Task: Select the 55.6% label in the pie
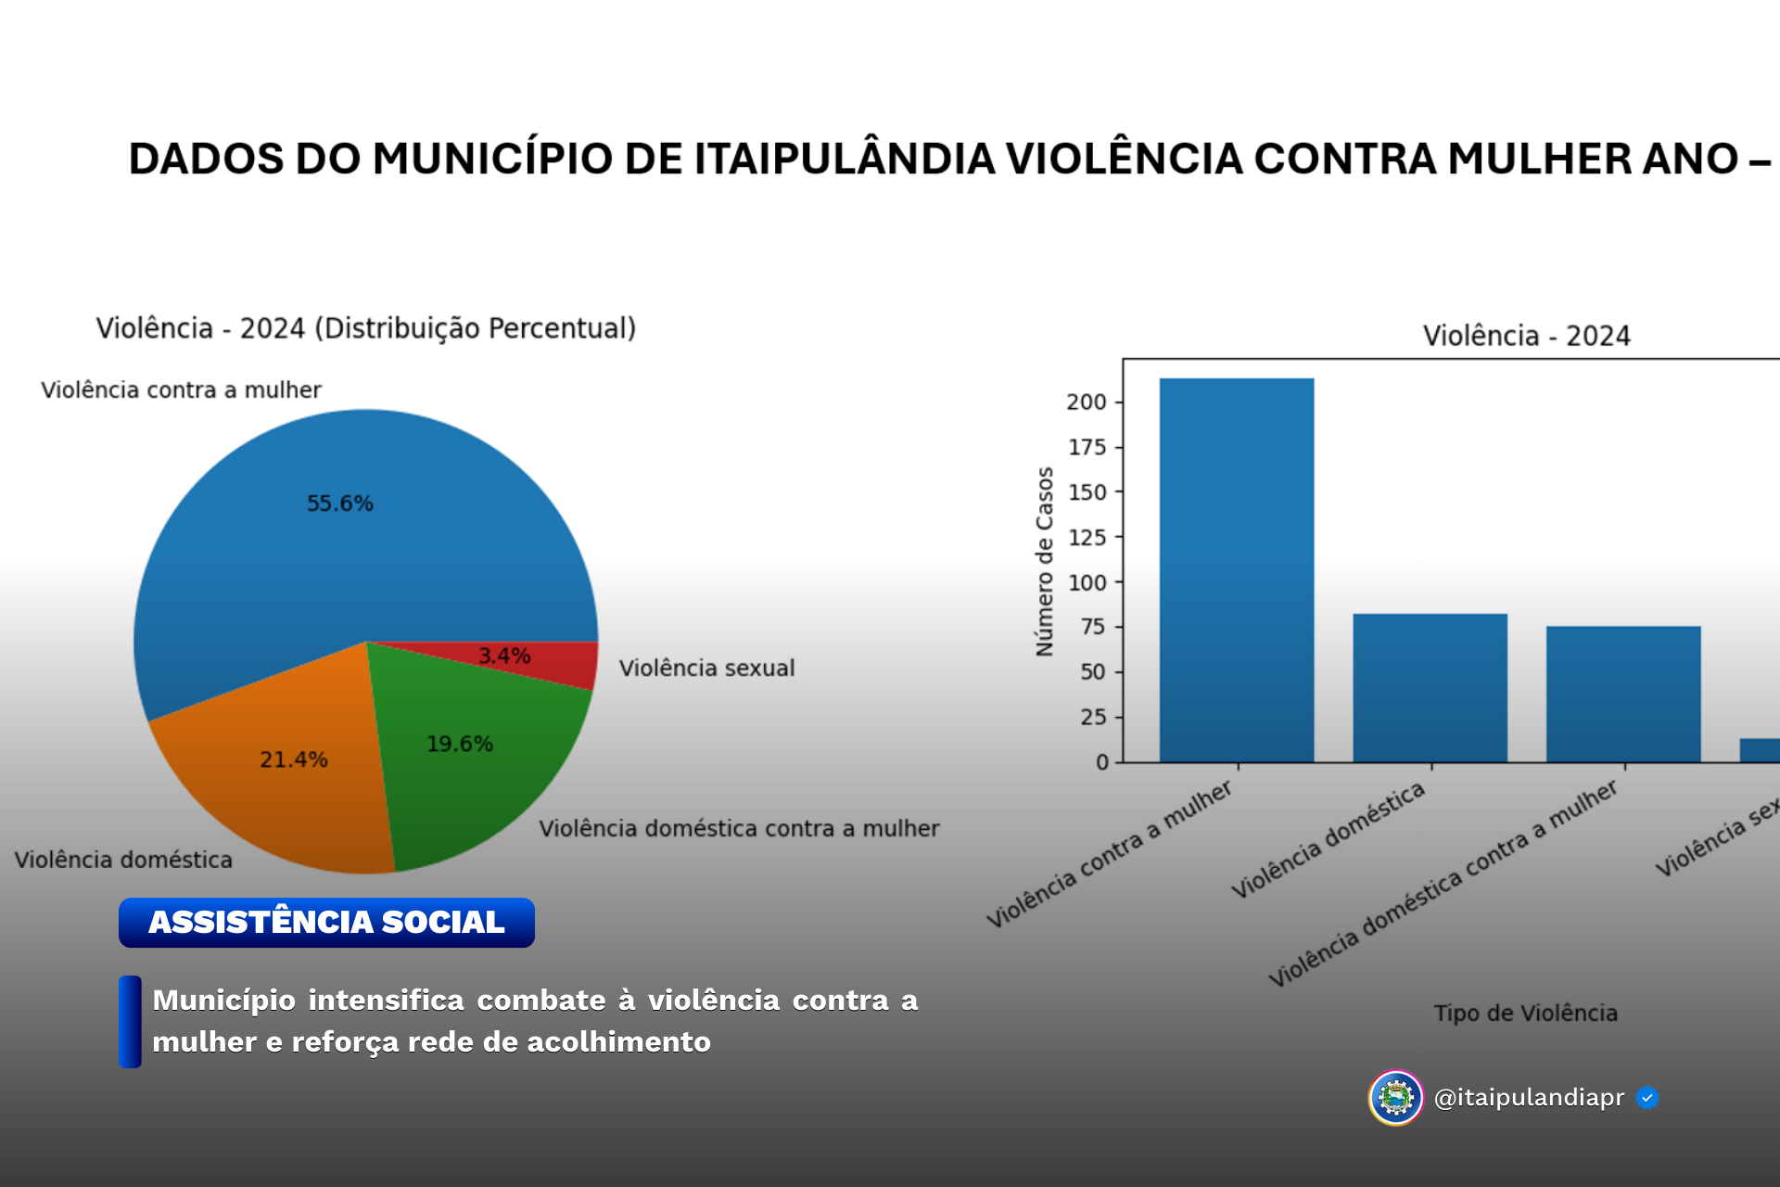point(340,504)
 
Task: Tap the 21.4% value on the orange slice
point(293,759)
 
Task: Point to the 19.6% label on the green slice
point(459,744)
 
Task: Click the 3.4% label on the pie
point(504,656)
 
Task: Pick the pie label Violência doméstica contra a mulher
point(739,828)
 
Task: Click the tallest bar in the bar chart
point(1236,570)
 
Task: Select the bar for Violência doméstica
point(1430,688)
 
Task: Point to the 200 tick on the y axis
point(1087,402)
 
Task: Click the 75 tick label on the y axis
point(1092,627)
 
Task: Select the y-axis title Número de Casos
point(1045,562)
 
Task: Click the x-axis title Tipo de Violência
point(1525,1013)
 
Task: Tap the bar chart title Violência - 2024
point(1526,336)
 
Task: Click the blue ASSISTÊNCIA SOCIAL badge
point(326,922)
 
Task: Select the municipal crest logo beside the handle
point(1395,1098)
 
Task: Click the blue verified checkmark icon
point(1647,1098)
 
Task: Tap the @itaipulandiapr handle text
point(1529,1098)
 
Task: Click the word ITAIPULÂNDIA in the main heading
point(845,159)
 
